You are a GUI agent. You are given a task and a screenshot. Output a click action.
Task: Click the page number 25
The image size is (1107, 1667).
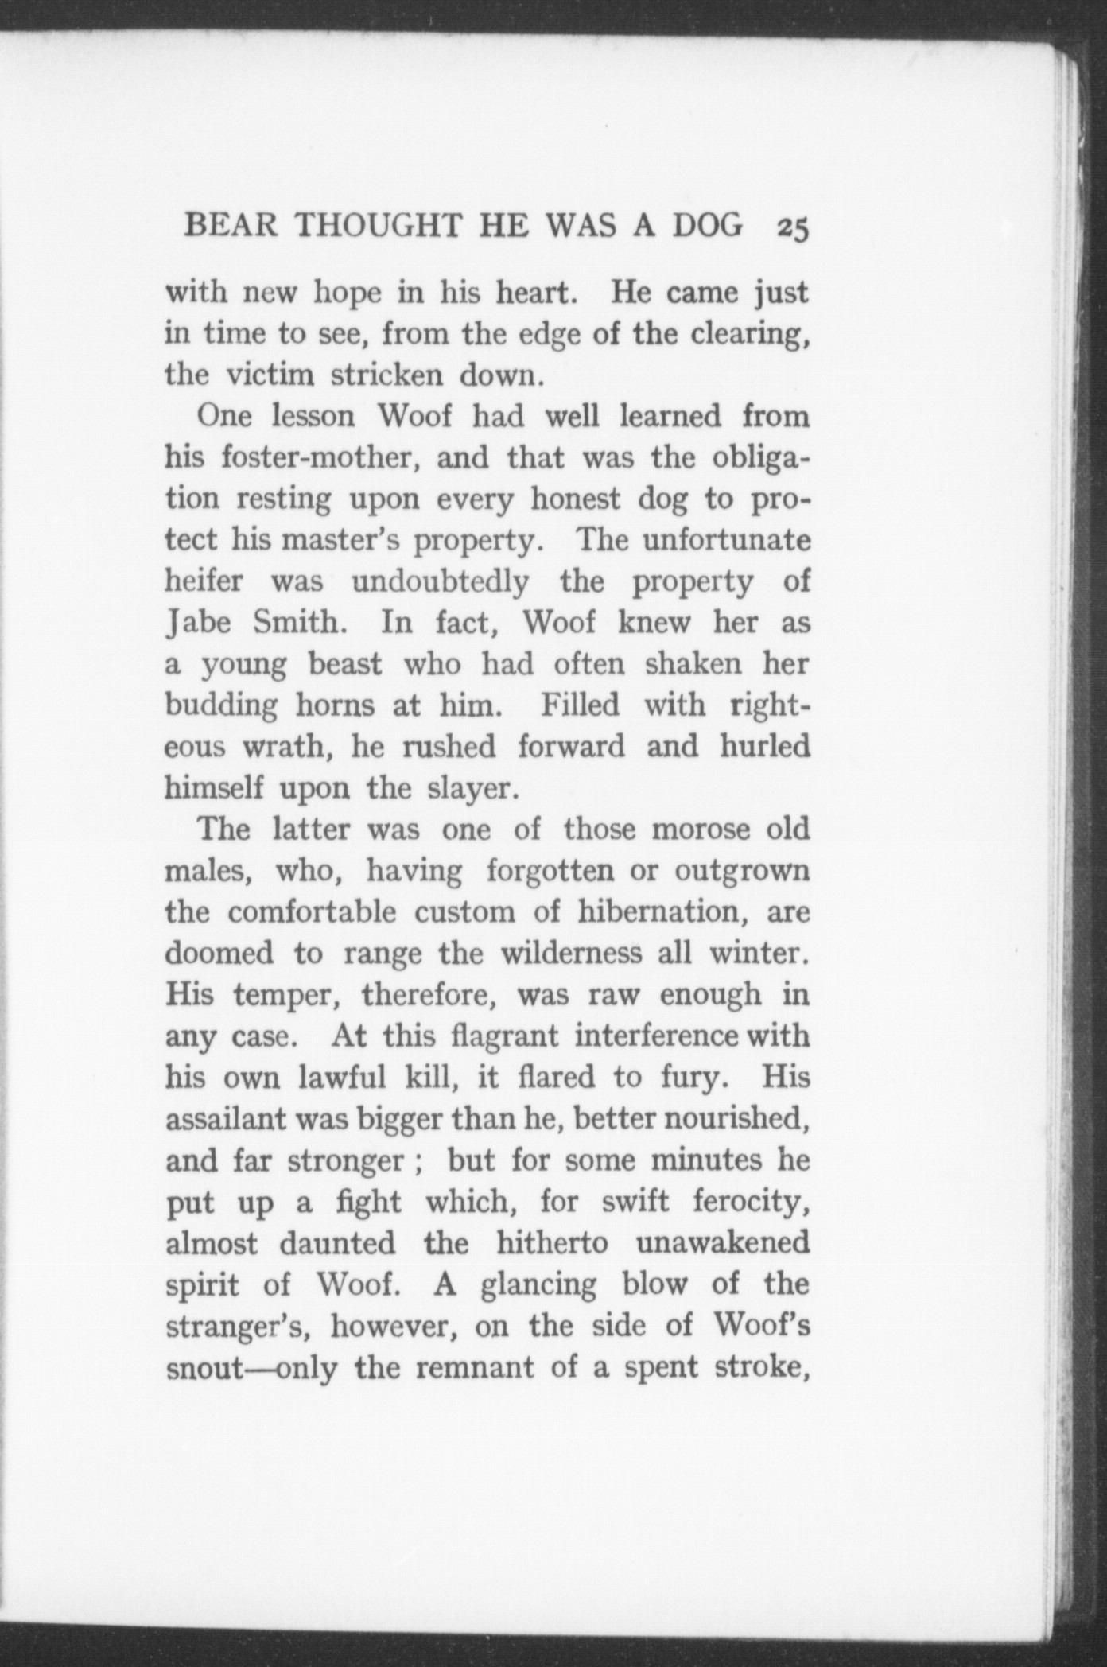point(793,227)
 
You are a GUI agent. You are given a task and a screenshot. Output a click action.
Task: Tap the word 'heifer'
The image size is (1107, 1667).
point(204,581)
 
